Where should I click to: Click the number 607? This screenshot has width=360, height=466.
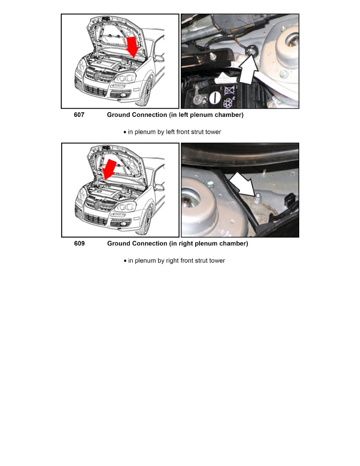point(79,115)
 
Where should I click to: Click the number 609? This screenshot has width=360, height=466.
point(79,244)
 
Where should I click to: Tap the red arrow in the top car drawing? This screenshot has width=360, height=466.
point(132,47)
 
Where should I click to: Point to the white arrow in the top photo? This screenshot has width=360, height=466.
point(248,70)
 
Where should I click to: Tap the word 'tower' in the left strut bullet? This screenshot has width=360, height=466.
point(213,132)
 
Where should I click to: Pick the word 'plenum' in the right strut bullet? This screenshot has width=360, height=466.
point(145,260)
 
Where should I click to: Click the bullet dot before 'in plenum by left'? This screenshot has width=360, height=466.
point(125,132)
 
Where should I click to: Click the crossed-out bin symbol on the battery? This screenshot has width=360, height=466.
point(229,90)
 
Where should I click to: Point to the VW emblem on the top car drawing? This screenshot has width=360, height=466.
point(97,76)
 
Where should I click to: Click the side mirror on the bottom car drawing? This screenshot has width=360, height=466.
point(159,187)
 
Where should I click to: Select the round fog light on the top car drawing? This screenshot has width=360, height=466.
point(123,95)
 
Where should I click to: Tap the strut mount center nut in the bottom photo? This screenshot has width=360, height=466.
point(187,201)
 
